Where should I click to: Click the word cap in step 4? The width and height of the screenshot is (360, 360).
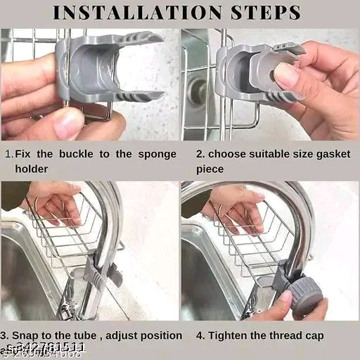(x=314, y=335)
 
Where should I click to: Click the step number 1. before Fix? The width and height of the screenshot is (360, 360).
(x=8, y=154)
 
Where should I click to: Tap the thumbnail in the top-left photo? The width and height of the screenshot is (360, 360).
(x=68, y=124)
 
